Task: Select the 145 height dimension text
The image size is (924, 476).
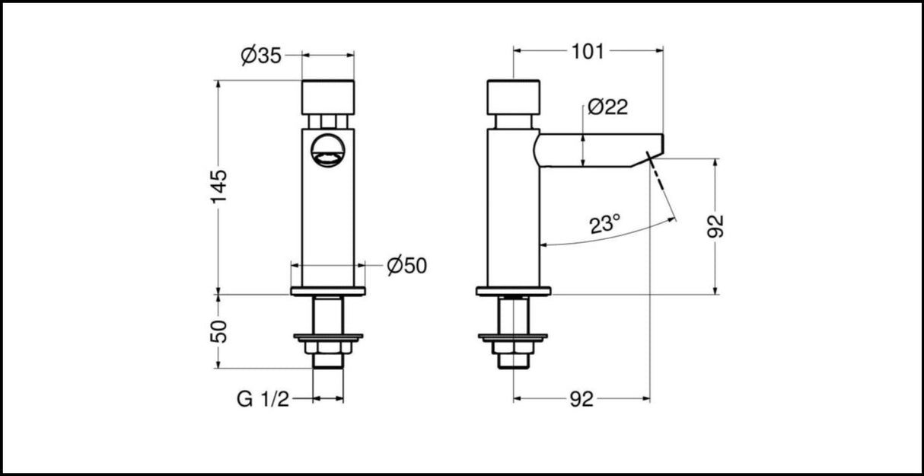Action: click(218, 186)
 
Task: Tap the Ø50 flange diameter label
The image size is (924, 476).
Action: click(406, 266)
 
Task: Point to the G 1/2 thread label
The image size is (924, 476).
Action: click(263, 398)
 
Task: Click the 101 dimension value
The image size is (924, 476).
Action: click(587, 52)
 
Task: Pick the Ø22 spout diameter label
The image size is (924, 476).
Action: click(608, 107)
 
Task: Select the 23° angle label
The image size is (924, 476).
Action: click(605, 225)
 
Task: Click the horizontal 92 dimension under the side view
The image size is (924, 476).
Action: click(581, 398)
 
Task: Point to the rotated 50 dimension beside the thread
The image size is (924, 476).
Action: click(218, 331)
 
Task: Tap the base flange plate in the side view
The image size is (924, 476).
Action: click(513, 291)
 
